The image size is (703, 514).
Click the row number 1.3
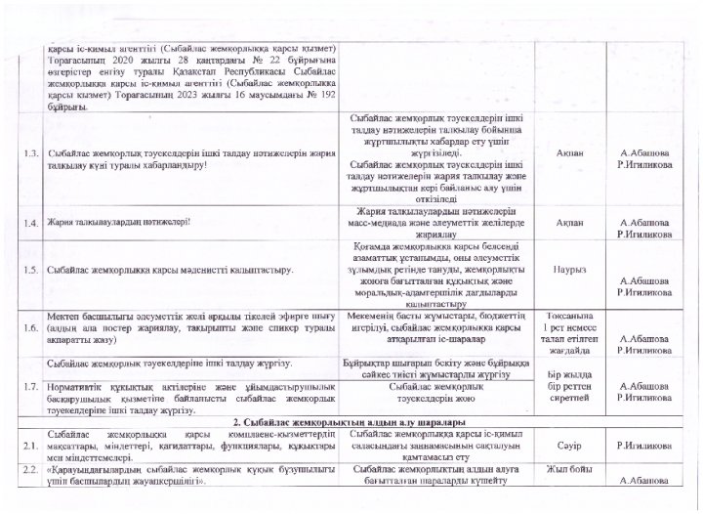(x=31, y=155)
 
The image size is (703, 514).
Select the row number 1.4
(x=31, y=222)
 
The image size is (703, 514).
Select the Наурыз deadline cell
(x=568, y=267)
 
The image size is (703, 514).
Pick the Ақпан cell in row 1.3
(x=568, y=153)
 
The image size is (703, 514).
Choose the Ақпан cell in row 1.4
(x=568, y=222)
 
